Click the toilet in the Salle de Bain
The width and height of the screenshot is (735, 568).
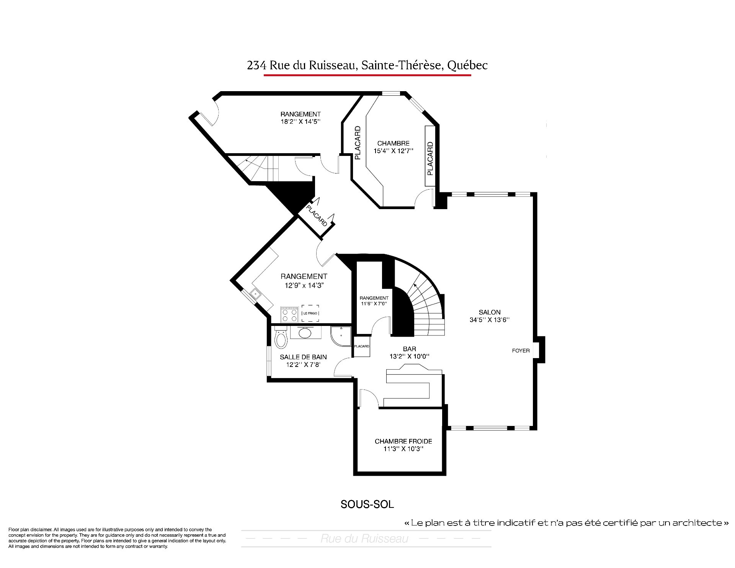coord(281,337)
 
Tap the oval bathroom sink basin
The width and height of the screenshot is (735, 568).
coord(305,333)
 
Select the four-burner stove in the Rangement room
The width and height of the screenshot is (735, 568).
coord(289,314)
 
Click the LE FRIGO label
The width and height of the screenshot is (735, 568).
coord(310,313)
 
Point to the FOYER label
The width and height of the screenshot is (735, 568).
coord(521,350)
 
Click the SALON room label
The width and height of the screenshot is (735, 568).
coord(490,312)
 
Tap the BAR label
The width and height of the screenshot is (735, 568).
coord(410,349)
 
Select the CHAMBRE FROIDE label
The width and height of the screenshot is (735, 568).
coord(403,441)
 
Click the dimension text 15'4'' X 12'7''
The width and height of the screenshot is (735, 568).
coord(394,151)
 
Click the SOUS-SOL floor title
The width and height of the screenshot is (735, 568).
coord(367,504)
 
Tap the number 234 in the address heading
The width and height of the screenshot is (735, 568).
coord(256,65)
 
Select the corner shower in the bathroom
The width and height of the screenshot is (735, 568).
coord(341,336)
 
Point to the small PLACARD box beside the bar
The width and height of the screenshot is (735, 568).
coord(362,346)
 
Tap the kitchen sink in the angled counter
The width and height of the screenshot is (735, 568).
coord(255,294)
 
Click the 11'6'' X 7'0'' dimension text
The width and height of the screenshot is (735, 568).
coord(374,303)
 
